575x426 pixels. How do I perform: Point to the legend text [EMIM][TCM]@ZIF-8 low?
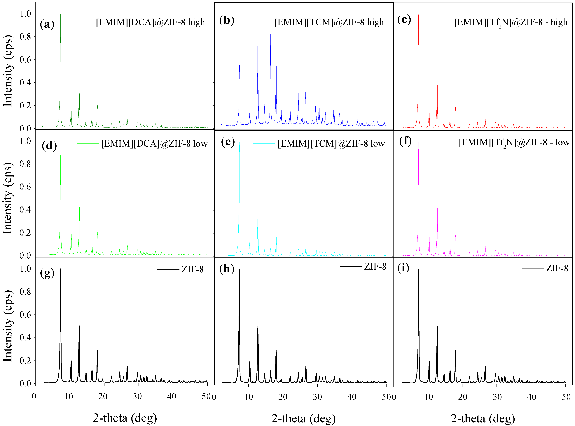click(x=331, y=144)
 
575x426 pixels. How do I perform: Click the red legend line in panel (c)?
click(x=441, y=22)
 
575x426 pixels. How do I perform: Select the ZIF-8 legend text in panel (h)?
click(x=375, y=266)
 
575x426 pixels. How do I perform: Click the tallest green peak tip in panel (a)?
click(x=61, y=14)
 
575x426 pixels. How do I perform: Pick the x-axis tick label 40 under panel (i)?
click(x=532, y=397)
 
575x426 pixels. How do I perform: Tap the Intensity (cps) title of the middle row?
click(x=8, y=198)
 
